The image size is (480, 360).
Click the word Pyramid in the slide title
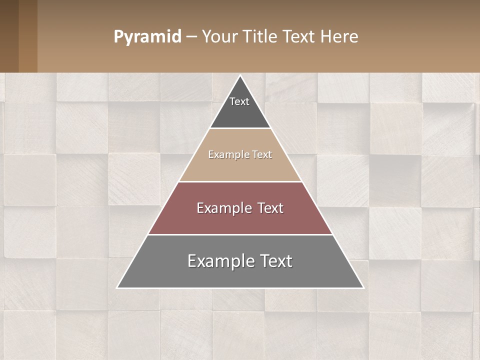tap(147, 37)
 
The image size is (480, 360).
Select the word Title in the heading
tap(260, 37)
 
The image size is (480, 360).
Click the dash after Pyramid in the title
tap(191, 37)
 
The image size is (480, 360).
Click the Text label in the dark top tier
tap(239, 101)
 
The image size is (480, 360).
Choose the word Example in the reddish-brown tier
tap(223, 208)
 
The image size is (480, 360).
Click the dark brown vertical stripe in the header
tap(9, 36)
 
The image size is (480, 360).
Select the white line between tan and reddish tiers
tap(240, 181)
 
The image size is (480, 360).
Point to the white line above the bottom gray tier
tap(240, 234)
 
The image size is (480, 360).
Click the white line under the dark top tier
tap(240, 128)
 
